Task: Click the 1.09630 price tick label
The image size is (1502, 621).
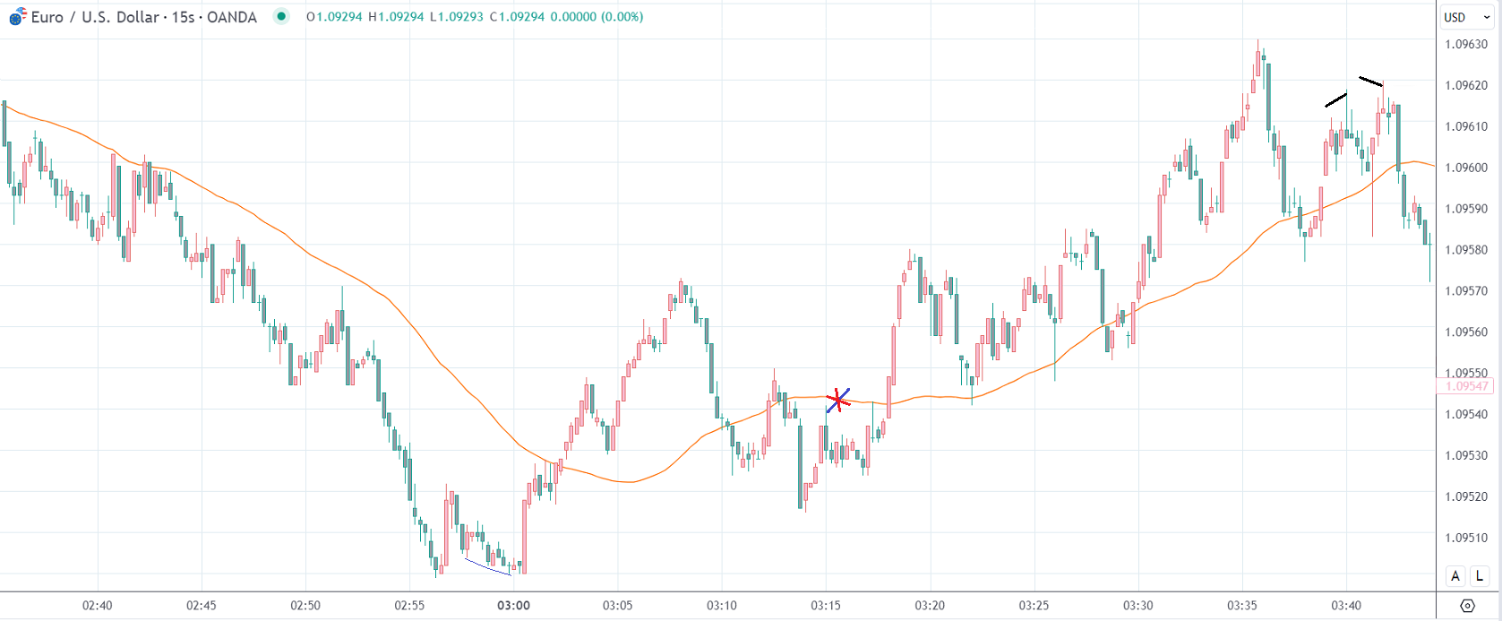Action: tap(1466, 44)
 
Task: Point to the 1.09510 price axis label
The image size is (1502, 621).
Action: tap(1466, 538)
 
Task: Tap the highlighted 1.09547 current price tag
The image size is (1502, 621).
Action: tap(1466, 386)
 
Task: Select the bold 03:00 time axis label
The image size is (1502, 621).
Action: tap(513, 605)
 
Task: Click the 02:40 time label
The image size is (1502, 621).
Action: tap(98, 605)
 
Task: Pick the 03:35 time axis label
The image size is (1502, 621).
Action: tap(1242, 605)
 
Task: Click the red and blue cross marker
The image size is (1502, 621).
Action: tap(837, 400)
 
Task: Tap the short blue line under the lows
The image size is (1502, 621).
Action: tap(487, 566)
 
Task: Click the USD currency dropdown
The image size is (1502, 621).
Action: tap(1466, 17)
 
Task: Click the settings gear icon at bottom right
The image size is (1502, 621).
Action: tap(1467, 606)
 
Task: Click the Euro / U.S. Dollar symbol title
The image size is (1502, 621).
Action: tap(143, 17)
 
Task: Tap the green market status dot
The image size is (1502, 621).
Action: tap(282, 16)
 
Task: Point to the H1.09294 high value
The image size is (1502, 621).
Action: tap(395, 17)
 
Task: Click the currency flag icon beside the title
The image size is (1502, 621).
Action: tap(17, 17)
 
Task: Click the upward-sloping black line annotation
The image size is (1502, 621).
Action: tap(1335, 99)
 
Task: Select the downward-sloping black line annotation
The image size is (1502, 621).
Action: tap(1370, 82)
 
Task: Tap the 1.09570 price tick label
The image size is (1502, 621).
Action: tap(1466, 290)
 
